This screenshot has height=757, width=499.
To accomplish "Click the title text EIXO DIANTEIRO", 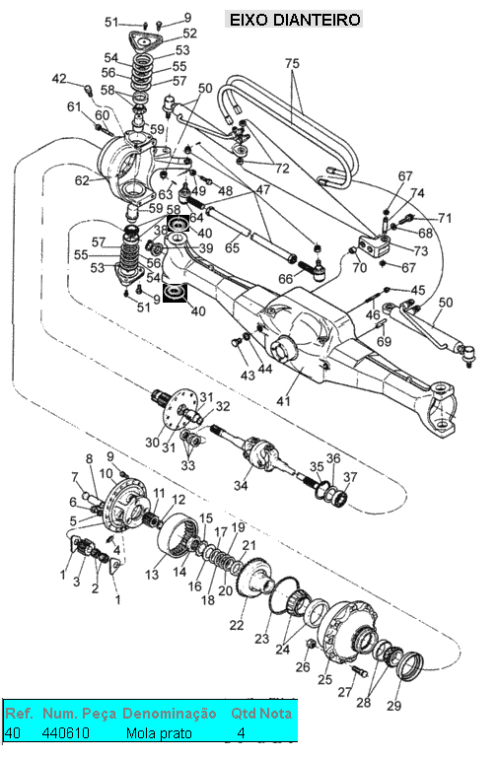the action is coord(294,20).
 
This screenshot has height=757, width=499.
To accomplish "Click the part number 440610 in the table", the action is coord(66,733).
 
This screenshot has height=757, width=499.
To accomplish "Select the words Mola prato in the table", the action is coord(159,733).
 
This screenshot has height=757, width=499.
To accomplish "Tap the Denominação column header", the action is coord(169,713).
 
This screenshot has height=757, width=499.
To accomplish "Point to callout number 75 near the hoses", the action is coord(292,63).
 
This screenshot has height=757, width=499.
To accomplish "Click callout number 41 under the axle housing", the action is coord(283,400).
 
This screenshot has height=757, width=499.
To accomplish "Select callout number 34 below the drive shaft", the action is coord(240,485).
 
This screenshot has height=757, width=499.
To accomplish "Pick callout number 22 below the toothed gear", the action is coord(237,625).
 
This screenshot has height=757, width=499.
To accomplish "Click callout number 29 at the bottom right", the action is coord(393,706).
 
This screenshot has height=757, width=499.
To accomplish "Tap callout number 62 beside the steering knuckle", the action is coord(82,180).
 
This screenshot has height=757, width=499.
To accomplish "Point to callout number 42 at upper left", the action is coord(59,78).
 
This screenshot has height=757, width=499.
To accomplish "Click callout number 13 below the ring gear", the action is coord(152,575).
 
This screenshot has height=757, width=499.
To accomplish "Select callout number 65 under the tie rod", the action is coord(233,247).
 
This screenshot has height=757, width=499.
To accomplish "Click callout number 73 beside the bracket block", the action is coord(421,250).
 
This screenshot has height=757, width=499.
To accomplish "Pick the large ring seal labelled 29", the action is coord(410,665).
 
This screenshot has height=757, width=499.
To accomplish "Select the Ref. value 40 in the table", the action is coord(13,733).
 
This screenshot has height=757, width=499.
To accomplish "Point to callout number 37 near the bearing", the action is coord(350,477).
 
